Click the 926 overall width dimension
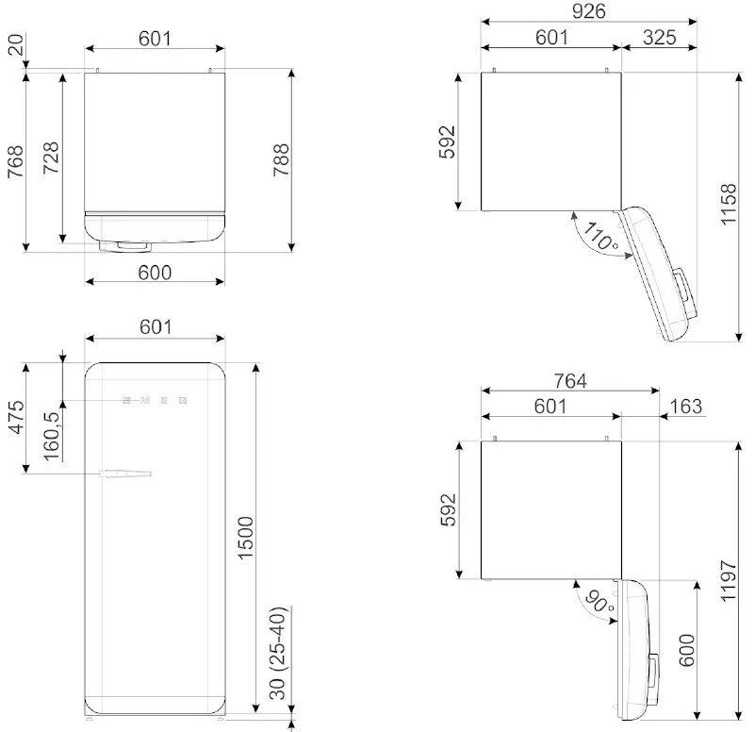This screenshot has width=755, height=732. point(587,11)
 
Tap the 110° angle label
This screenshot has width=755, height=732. point(600,236)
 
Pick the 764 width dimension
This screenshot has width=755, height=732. point(570,381)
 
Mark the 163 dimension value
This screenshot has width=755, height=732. point(685,406)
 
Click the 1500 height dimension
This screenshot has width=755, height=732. point(244,538)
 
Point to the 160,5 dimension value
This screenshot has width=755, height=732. point(52,433)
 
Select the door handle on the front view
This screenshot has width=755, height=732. point(128,471)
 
